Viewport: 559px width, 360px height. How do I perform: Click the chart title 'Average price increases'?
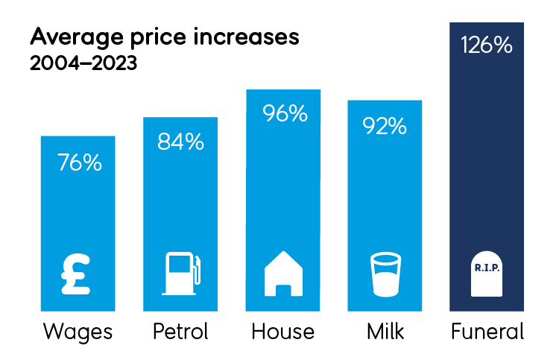click(164, 38)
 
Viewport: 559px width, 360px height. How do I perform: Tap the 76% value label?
click(79, 162)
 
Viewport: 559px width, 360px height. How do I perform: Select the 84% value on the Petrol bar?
click(180, 142)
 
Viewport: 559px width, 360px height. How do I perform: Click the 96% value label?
click(284, 114)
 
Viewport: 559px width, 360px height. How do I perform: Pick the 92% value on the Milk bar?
click(385, 125)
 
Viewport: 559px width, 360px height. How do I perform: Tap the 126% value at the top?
click(486, 45)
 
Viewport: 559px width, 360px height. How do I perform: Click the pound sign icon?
click(77, 274)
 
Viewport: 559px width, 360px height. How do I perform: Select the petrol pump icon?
click(182, 274)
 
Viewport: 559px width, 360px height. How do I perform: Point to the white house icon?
click(284, 274)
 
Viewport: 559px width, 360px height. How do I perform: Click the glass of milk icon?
click(385, 274)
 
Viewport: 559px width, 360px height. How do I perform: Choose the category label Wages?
click(78, 332)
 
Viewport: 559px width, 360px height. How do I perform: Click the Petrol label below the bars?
click(180, 332)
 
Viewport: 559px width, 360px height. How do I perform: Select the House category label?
click(284, 332)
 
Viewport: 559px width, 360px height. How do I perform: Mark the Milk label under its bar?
click(385, 332)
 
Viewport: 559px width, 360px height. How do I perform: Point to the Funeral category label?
click(487, 332)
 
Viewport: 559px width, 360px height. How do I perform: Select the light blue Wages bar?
click(78, 216)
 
